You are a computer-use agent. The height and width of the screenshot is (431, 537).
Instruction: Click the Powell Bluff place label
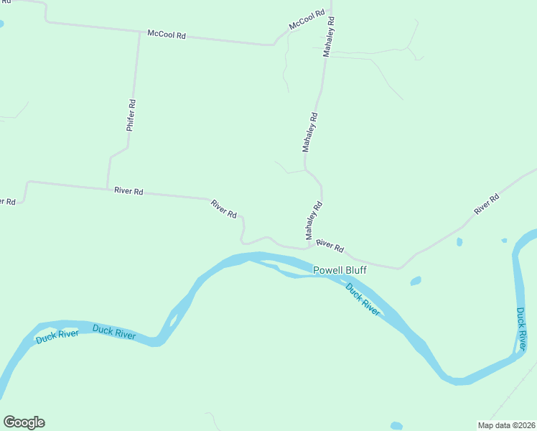pyautogui.click(x=340, y=270)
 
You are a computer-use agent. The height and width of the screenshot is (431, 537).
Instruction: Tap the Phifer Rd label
pyautogui.click(x=131, y=114)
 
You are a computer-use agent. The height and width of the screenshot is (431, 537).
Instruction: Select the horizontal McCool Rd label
pyautogui.click(x=166, y=34)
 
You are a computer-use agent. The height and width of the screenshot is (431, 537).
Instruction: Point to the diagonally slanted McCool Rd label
pyautogui.click(x=307, y=20)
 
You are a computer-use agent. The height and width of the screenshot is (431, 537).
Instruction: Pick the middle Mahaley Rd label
pyautogui.click(x=310, y=131)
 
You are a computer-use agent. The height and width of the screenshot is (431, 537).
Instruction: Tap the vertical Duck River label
pyautogui.click(x=521, y=329)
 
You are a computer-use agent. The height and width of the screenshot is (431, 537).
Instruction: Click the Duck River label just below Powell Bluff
pyautogui.click(x=363, y=299)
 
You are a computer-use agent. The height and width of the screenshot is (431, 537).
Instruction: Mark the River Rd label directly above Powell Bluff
pyautogui.click(x=330, y=246)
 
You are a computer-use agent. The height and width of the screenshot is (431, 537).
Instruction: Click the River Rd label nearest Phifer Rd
pyautogui.click(x=129, y=191)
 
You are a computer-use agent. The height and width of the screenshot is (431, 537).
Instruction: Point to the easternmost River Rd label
pyautogui.click(x=486, y=205)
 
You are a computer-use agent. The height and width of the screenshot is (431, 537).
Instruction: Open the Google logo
pyautogui.click(x=24, y=422)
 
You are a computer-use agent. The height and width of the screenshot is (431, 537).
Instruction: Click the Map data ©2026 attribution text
pyautogui.click(x=506, y=425)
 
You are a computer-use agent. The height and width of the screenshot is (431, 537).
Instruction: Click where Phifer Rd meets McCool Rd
pyautogui.click(x=139, y=32)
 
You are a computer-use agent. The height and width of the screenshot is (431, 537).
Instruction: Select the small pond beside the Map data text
pyautogui.click(x=396, y=425)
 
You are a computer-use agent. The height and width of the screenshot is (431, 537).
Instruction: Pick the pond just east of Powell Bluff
pyautogui.click(x=415, y=281)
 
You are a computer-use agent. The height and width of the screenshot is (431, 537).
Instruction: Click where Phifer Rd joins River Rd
pyautogui.click(x=108, y=187)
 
